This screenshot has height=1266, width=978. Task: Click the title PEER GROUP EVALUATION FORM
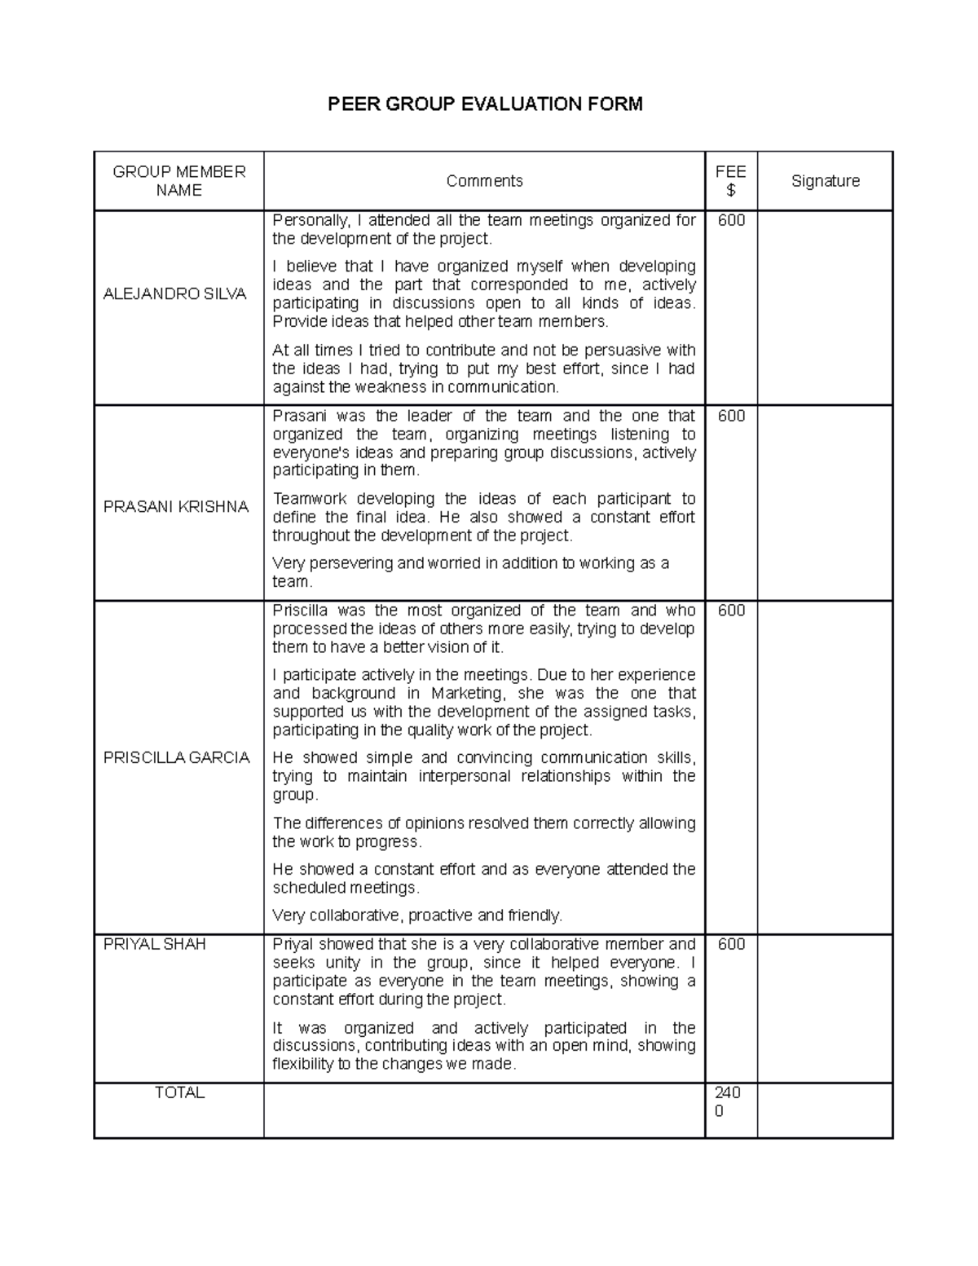click(x=485, y=104)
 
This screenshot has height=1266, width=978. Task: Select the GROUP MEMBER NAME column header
click(x=178, y=181)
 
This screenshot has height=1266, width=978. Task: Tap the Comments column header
click(x=484, y=181)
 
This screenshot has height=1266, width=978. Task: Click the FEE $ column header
click(x=730, y=181)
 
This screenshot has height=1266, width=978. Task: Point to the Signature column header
click(x=825, y=181)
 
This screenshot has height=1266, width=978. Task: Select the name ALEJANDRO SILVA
click(x=174, y=294)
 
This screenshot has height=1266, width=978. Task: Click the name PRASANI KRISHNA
click(x=175, y=506)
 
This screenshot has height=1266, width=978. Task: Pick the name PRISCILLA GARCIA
click(x=176, y=757)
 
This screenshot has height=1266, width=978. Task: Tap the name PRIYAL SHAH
click(x=154, y=944)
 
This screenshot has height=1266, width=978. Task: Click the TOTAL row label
click(x=179, y=1092)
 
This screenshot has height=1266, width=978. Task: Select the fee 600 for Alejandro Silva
click(x=731, y=221)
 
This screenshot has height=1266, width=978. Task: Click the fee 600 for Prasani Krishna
click(x=731, y=416)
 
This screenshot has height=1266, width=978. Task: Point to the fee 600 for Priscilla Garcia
click(x=731, y=611)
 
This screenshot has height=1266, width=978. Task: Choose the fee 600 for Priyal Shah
click(x=731, y=944)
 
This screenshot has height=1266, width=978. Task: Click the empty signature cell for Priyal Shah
click(x=825, y=1008)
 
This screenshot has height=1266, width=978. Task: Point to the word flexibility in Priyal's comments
click(x=303, y=1065)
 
